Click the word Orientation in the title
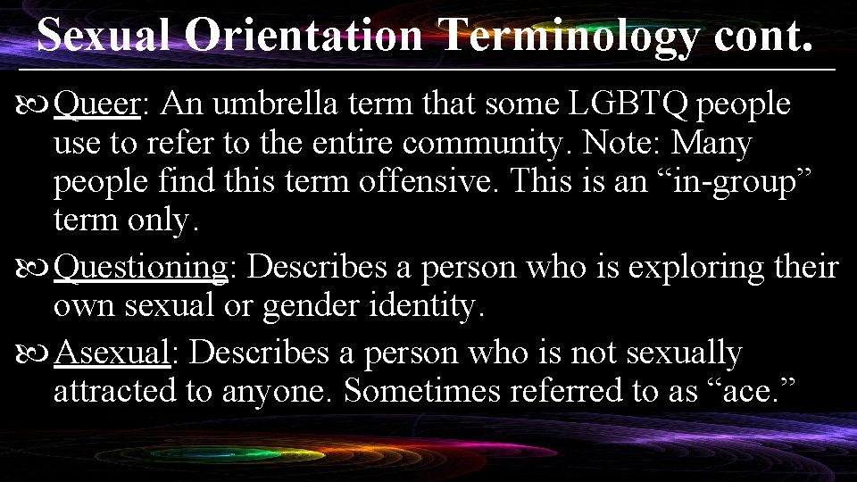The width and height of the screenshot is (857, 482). [x=304, y=37]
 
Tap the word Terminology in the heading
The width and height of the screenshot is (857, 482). [x=570, y=37]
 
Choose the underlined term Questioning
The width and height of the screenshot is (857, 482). [x=141, y=268]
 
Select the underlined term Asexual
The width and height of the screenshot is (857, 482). [x=112, y=353]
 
